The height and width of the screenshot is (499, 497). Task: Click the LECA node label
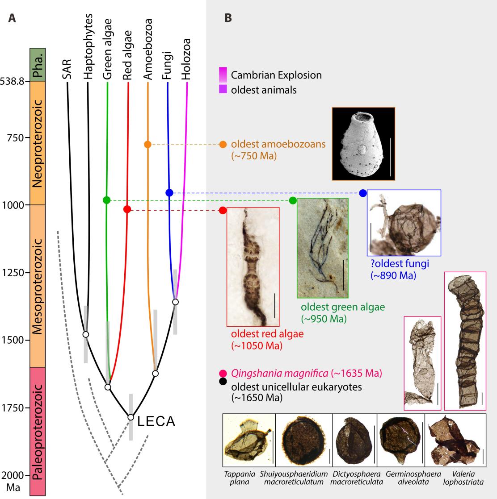[x=156, y=421]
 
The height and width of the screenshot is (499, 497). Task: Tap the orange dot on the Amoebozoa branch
[x=148, y=144]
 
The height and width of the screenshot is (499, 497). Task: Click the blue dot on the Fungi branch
[x=169, y=192]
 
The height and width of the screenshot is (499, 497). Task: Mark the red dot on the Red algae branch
[x=127, y=209]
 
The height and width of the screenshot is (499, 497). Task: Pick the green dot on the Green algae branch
[x=106, y=200]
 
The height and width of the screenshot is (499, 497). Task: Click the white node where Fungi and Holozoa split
[x=175, y=302]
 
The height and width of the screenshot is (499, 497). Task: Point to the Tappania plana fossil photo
[x=249, y=441]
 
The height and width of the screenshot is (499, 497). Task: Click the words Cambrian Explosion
[x=276, y=75]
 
